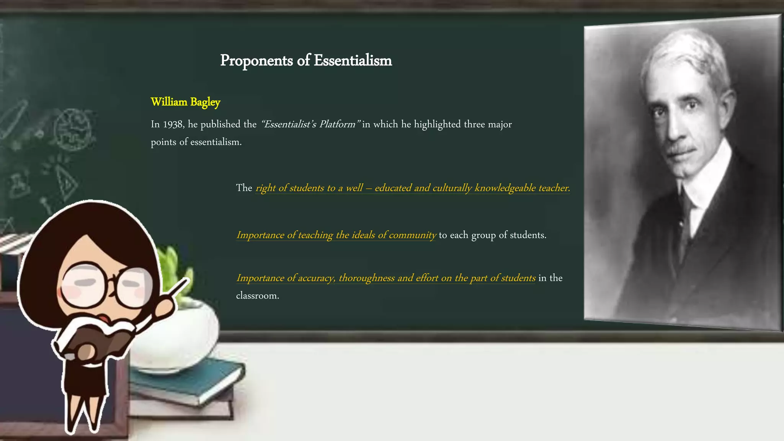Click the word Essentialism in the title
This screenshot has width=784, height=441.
[353, 60]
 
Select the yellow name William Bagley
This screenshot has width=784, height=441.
[185, 102]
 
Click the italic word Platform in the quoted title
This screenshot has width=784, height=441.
[337, 124]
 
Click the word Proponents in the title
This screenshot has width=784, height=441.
[256, 60]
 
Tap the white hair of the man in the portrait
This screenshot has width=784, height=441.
[685, 54]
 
